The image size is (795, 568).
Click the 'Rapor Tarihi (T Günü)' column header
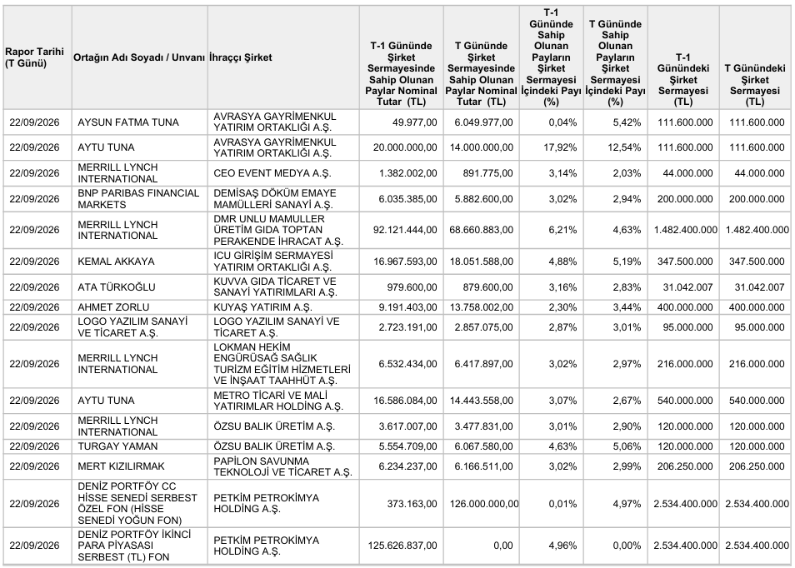coord(34,57)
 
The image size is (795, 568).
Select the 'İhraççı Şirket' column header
coord(240,57)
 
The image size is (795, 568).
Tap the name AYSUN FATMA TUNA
coord(128,122)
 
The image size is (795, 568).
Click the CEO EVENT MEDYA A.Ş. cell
coord(272,172)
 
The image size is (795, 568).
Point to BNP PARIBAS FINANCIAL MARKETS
coord(138,198)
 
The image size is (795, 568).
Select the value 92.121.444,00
coord(405,230)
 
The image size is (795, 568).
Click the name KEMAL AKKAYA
coord(116,262)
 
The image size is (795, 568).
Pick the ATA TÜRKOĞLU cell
coord(117,286)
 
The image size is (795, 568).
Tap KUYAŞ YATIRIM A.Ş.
coord(262,307)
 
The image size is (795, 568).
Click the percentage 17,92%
coord(562,147)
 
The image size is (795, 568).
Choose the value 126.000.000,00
coord(484,504)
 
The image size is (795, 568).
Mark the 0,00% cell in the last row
coord(627,546)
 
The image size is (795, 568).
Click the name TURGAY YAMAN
coord(117,446)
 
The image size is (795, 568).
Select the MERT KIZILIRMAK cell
coord(121,466)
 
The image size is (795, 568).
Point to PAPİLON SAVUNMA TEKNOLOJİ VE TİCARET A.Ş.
coord(282,466)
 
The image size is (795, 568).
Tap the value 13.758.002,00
coord(481,307)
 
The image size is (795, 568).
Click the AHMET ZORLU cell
coord(113,307)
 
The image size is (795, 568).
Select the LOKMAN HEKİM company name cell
coord(282,364)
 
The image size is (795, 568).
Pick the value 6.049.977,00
coord(483,122)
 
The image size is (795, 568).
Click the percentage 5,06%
coord(627,446)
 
